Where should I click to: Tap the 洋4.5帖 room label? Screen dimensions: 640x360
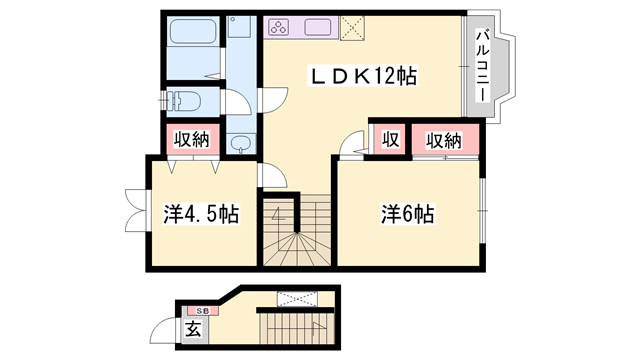201,213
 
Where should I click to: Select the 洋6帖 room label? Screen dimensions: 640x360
408,213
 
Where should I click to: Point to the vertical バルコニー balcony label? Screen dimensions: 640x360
483,65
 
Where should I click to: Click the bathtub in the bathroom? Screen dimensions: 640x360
193,31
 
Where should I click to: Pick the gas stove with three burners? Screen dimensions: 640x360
279,28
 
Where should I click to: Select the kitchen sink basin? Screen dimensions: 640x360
318,27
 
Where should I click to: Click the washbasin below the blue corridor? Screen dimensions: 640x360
241,144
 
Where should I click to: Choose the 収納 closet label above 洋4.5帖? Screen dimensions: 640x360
192,140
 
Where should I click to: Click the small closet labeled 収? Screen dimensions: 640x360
390,140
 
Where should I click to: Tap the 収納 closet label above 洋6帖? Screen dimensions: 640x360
444,141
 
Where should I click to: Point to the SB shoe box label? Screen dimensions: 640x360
202,311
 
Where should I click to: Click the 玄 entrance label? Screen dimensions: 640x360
193,329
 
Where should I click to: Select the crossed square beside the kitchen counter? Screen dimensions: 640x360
352,28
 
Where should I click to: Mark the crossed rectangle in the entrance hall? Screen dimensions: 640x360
297,299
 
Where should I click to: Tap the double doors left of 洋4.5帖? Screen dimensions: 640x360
136,211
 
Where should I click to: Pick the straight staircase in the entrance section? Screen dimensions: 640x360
296,328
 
